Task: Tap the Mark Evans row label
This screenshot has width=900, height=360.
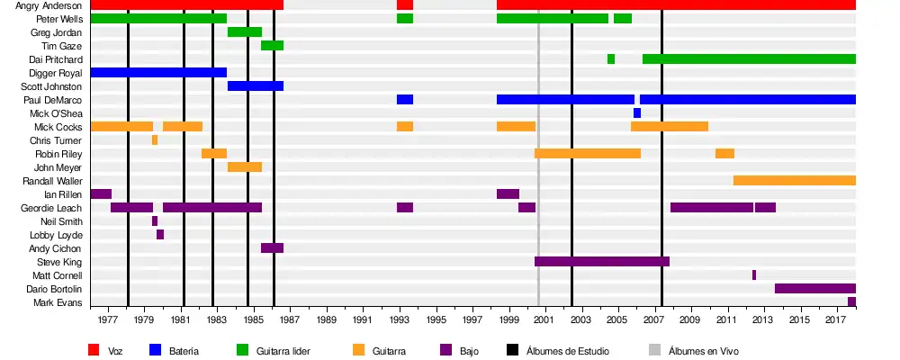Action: point(61,302)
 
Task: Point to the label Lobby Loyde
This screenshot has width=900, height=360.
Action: point(59,235)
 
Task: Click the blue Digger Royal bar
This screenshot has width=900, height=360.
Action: point(158,72)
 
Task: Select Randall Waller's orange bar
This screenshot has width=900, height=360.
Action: point(794,180)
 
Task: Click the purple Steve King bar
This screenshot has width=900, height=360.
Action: point(601,261)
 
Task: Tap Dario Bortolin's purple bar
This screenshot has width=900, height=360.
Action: point(814,288)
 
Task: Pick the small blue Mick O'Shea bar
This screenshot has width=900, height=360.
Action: point(637,113)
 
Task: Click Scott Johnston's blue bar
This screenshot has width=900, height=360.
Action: point(256,85)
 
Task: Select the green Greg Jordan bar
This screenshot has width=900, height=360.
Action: point(245,32)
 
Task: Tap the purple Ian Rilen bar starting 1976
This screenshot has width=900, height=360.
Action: point(101,193)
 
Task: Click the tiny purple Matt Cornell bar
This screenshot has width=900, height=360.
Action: point(754,274)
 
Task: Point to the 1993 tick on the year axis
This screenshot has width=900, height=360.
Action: point(399,319)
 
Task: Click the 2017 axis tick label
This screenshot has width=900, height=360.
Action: point(836,319)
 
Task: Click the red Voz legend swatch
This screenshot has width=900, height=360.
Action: point(94,350)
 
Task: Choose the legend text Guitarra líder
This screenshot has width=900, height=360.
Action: point(283,351)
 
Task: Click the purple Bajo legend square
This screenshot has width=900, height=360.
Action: point(445,350)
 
